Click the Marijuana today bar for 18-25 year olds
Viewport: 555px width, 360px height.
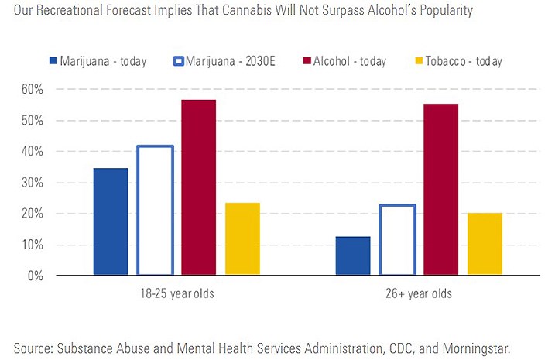pyautogui.click(x=111, y=221)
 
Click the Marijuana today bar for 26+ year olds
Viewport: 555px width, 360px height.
pyautogui.click(x=353, y=255)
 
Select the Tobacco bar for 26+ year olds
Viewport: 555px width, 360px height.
pyautogui.click(x=485, y=244)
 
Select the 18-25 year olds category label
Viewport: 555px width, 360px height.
pyautogui.click(x=176, y=294)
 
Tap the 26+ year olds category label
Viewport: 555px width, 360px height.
pyautogui.click(x=419, y=294)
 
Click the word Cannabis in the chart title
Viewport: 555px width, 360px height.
pyautogui.click(x=266, y=12)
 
